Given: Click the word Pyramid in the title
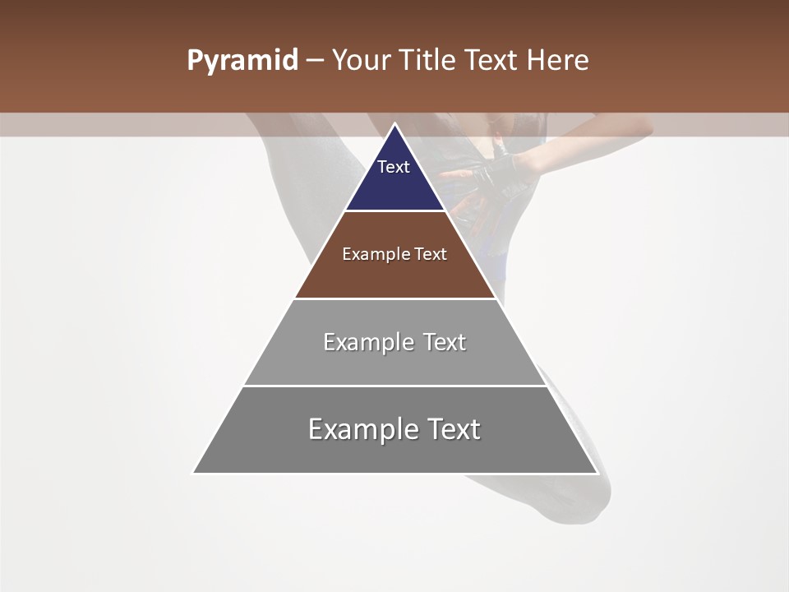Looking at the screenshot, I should (242, 61).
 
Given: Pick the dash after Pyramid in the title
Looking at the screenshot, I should (315, 62).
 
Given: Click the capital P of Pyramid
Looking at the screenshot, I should (195, 61).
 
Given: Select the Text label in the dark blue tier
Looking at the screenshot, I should (394, 167).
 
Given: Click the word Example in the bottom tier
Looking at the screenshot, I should (360, 429).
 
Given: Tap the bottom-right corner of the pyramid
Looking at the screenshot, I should (597, 473).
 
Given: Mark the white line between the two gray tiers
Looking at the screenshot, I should (394, 386).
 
